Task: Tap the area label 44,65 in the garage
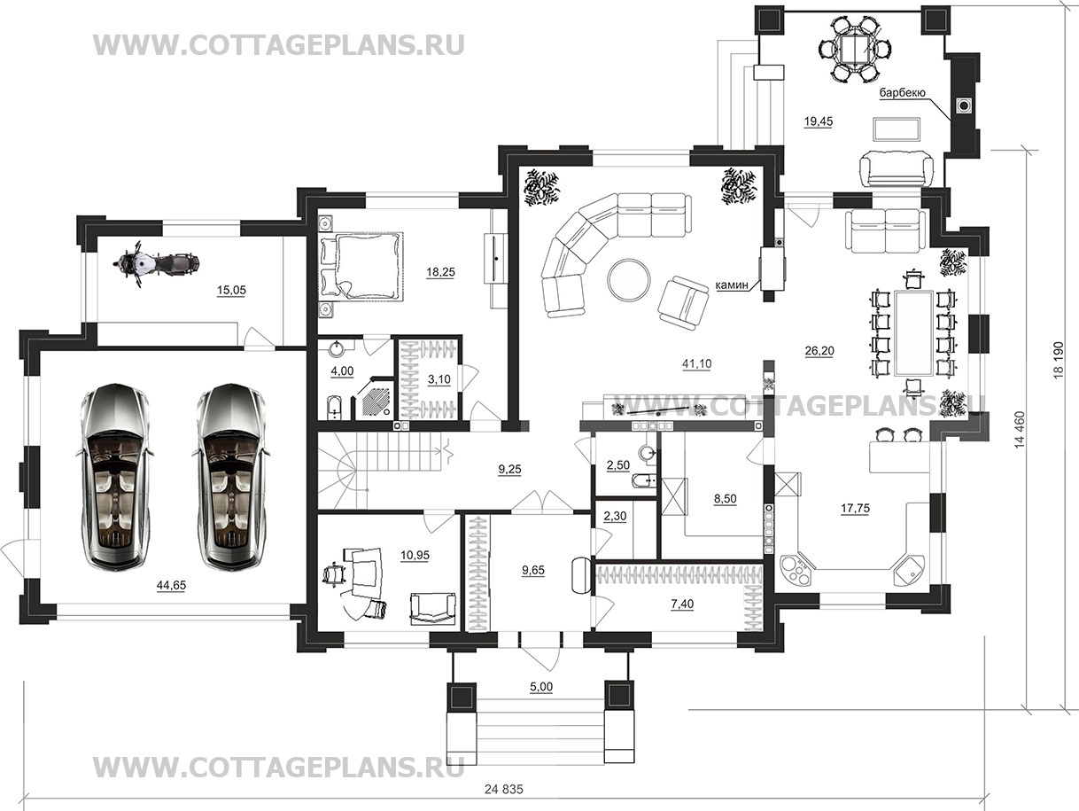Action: point(171,585)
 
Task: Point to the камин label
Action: point(732,285)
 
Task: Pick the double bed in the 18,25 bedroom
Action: point(361,266)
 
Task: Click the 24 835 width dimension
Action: point(504,790)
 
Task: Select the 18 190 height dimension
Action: point(1059,360)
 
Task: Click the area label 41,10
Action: point(696,364)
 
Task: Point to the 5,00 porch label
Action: point(540,687)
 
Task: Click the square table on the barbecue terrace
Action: point(855,49)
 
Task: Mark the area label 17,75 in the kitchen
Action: point(856,509)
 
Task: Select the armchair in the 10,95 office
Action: point(432,609)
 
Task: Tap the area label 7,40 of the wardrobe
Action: point(682,604)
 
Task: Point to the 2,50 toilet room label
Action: point(618,464)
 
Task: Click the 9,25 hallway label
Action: point(509,469)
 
